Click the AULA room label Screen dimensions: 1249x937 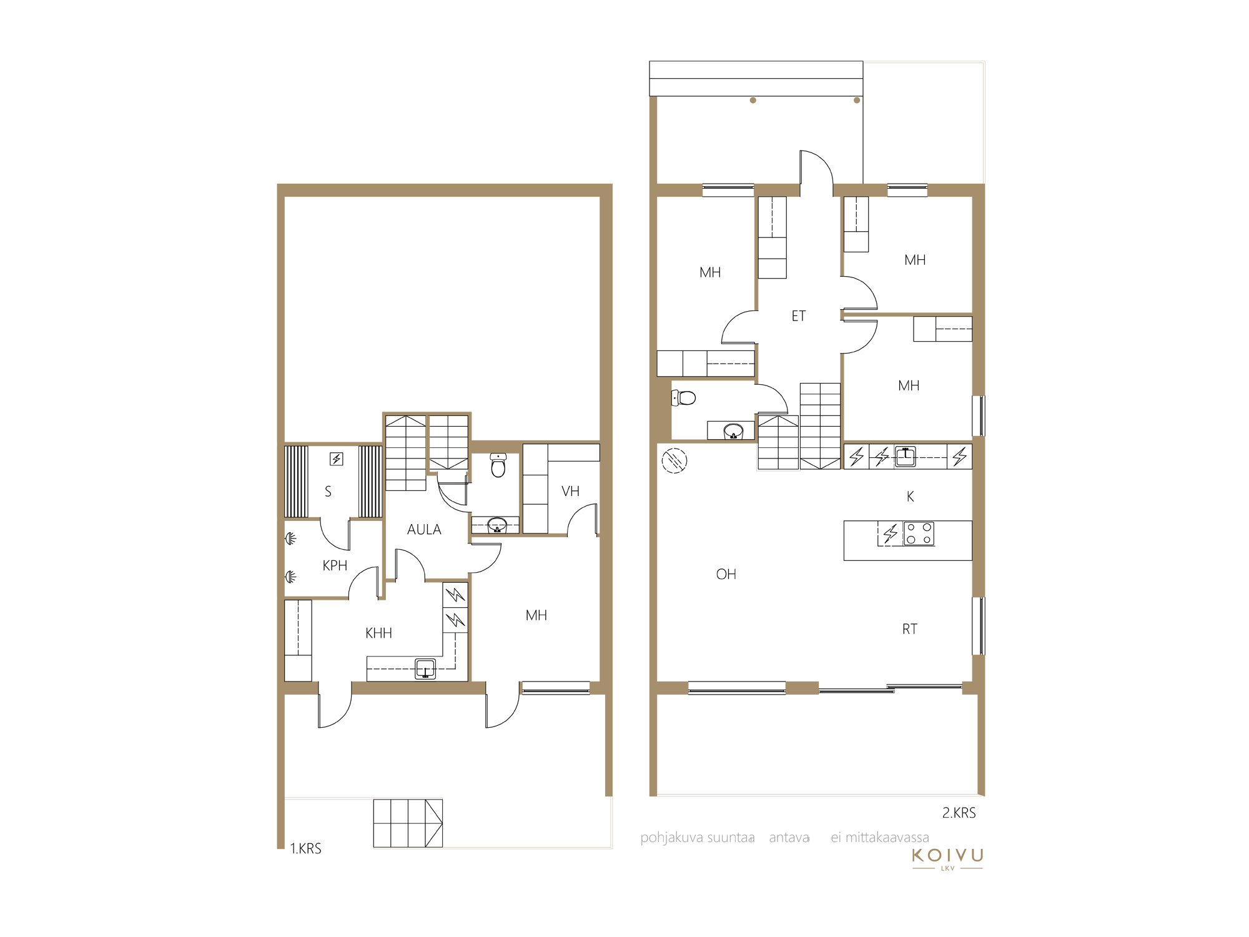pos(424,530)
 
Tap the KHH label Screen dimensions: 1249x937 pos(378,633)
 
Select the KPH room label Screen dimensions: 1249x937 pos(335,566)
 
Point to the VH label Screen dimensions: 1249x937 pos(570,492)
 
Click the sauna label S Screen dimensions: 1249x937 pos(328,492)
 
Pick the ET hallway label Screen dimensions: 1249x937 pos(799,316)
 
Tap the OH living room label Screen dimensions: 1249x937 pos(726,575)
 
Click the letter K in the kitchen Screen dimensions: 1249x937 pos(911,497)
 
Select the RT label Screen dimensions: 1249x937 pos(910,629)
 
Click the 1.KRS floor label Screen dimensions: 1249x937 pos(306,848)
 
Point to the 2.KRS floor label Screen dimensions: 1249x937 pos(959,813)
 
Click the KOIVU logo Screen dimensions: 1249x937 pos(947,858)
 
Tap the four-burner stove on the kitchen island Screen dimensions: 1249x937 pos(919,533)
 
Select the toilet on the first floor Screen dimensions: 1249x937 pos(498,465)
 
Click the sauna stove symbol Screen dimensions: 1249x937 pos(337,459)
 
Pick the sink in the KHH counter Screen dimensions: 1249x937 pos(425,669)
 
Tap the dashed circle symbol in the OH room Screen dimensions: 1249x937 pos(674,461)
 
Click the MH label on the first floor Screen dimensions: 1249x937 pos(536,616)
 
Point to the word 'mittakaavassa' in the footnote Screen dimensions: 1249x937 pos(887,838)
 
